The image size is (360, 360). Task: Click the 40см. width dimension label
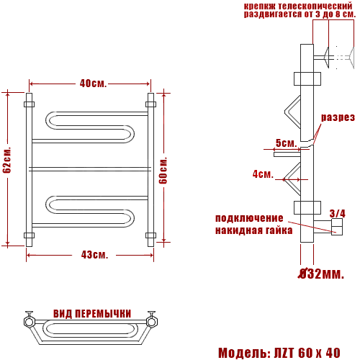pyautogui.click(x=93, y=84)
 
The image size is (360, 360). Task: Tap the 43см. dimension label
pyautogui.click(x=94, y=255)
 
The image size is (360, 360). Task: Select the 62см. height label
pyautogui.click(x=6, y=160)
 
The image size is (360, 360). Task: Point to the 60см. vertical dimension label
pyautogui.click(x=163, y=171)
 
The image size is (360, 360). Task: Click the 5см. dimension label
pyautogui.click(x=287, y=143)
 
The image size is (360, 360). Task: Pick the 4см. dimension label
pyautogui.click(x=263, y=174)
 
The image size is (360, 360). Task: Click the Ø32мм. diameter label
pyautogui.click(x=321, y=274)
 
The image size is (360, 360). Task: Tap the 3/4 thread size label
pyautogui.click(x=338, y=213)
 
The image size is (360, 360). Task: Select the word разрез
pyautogui.click(x=338, y=117)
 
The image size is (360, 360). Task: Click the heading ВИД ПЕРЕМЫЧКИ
pyautogui.click(x=92, y=314)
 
